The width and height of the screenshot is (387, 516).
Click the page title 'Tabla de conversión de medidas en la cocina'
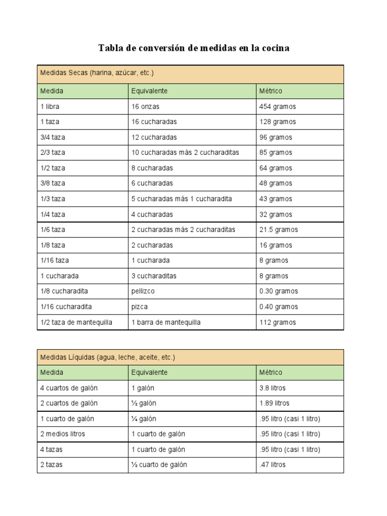click(x=193, y=48)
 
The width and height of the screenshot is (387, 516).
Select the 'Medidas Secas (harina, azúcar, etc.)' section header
click(x=97, y=73)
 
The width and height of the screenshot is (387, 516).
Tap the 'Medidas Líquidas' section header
click(x=107, y=357)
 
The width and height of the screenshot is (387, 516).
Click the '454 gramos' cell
click(x=278, y=107)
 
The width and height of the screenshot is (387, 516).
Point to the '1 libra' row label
click(x=50, y=107)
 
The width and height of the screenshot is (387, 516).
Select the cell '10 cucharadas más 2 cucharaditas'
click(x=185, y=153)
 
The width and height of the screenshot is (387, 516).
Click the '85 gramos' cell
click(x=276, y=153)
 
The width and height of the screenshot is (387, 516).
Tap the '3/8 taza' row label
click(x=53, y=183)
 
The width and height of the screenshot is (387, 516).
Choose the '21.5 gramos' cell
click(x=279, y=230)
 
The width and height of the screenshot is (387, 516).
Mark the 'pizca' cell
click(x=140, y=307)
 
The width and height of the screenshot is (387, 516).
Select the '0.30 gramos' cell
click(x=279, y=291)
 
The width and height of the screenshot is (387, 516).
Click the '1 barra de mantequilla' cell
click(x=166, y=322)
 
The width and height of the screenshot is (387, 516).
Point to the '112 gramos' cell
click(x=278, y=322)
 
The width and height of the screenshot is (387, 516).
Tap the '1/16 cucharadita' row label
click(x=66, y=307)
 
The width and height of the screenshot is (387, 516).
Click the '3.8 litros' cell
click(x=273, y=388)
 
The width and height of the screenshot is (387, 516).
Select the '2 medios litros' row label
click(x=63, y=434)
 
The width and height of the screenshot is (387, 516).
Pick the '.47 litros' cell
click(x=272, y=465)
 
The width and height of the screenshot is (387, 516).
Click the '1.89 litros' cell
click(x=275, y=403)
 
